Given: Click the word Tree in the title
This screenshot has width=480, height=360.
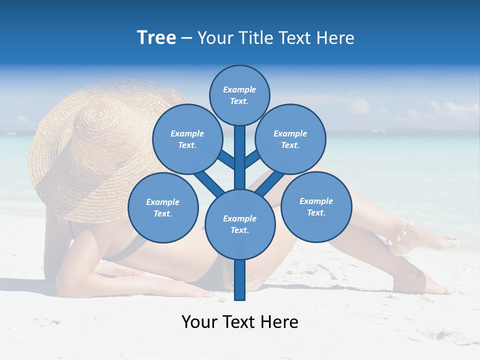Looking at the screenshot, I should (x=156, y=38).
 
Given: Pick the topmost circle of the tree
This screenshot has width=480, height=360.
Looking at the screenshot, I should (x=239, y=95).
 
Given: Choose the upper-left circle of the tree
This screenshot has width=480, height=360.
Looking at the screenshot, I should (x=187, y=139).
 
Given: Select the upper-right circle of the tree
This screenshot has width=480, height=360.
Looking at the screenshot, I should (x=290, y=139).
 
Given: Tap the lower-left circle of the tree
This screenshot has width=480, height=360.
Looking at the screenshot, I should (x=163, y=208).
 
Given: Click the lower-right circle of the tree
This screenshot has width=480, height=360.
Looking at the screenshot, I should (x=316, y=206).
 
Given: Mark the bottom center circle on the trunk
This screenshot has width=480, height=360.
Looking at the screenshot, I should (x=240, y=224).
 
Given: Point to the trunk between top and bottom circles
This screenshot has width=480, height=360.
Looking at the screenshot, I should (x=240, y=157).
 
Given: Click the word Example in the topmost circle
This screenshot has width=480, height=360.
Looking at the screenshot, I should (x=239, y=90).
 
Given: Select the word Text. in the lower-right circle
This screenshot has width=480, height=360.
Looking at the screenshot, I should (x=316, y=212).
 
